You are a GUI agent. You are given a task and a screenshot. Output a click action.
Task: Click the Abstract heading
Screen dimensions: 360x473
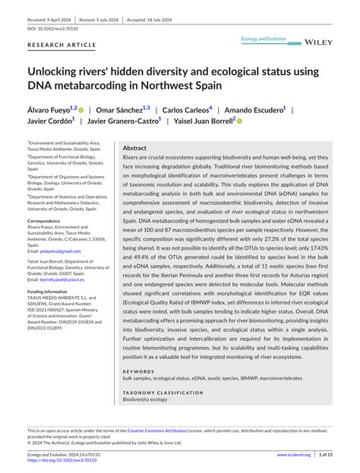point(134,149)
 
